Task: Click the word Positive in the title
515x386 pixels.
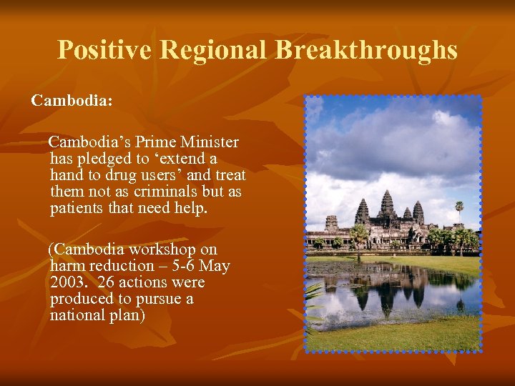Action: coord(104,50)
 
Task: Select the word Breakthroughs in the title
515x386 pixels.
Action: coord(366,50)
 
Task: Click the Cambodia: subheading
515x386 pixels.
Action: coord(72,101)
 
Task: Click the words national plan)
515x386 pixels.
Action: coord(97,315)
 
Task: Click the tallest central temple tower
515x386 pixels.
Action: coord(387,204)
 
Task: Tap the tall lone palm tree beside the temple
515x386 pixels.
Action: coord(459,208)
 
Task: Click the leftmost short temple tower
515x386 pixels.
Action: coord(331,222)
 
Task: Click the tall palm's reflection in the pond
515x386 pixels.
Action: coord(459,300)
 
